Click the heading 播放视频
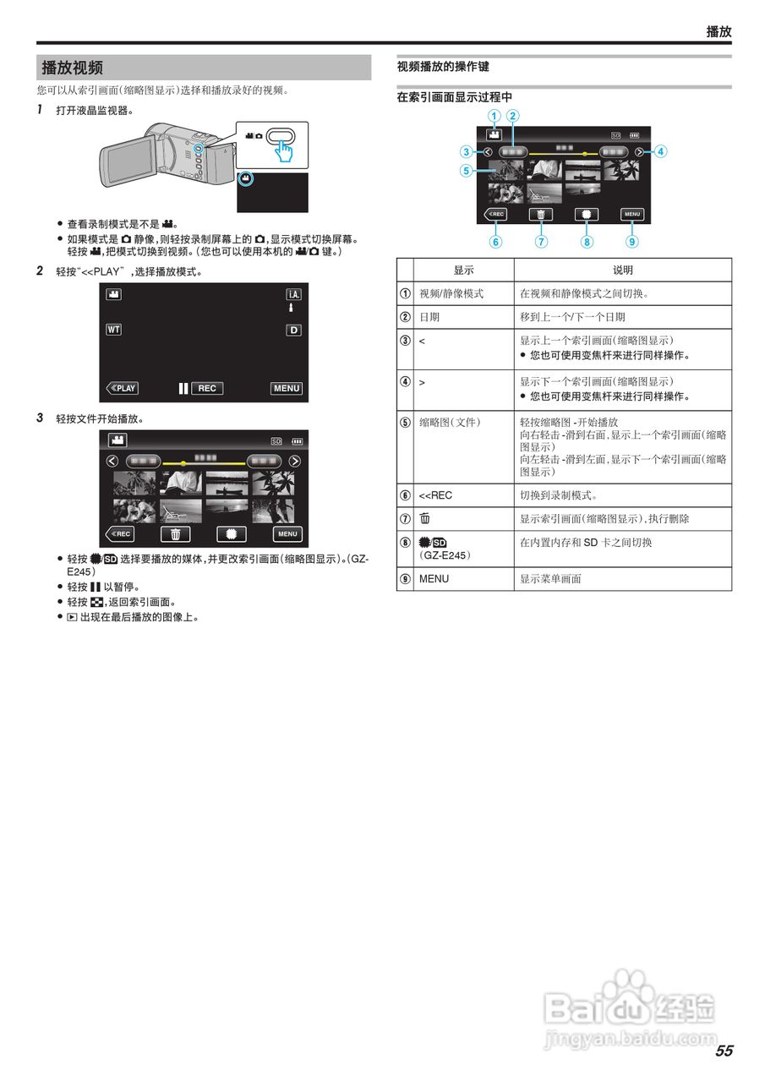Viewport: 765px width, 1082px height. [73, 68]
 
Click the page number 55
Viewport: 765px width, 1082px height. [724, 1051]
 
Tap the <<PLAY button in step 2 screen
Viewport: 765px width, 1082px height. [123, 388]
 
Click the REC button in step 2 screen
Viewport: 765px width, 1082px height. [207, 388]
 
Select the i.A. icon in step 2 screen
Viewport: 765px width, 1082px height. [293, 294]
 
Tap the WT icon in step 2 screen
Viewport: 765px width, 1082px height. [113, 330]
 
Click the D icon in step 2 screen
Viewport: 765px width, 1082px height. [293, 330]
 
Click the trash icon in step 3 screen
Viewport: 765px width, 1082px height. [176, 533]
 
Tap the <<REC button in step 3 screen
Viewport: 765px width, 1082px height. [120, 533]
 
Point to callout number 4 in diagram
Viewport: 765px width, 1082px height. [661, 152]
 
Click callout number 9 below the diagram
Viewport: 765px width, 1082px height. [631, 242]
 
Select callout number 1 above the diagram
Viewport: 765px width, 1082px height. [494, 116]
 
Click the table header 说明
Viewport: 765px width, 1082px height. [622, 270]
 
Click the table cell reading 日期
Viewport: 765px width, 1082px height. [429, 317]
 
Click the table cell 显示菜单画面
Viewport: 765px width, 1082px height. [550, 578]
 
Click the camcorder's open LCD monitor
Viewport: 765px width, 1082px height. [127, 158]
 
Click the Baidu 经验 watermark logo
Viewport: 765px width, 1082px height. [630, 1010]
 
